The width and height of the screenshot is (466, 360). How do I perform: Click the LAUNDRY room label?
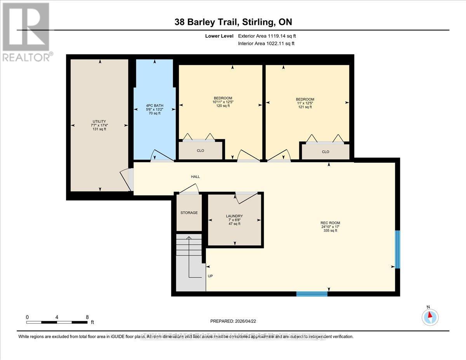(234, 216)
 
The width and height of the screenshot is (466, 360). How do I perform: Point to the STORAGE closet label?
(189, 213)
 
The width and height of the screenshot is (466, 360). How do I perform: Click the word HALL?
(195, 177)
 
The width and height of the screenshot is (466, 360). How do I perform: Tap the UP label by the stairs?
(210, 276)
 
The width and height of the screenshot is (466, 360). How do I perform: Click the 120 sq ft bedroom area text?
(223, 106)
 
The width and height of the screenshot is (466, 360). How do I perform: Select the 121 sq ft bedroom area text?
(305, 107)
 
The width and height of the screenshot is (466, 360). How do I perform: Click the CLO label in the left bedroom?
(200, 150)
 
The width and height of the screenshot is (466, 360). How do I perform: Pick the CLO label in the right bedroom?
(325, 152)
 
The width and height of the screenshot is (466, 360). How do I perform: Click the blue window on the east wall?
(397, 249)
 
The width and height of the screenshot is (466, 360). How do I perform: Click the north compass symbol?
(430, 317)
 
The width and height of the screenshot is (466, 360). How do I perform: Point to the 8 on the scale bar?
(87, 317)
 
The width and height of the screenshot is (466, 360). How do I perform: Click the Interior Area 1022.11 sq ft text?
(266, 43)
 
